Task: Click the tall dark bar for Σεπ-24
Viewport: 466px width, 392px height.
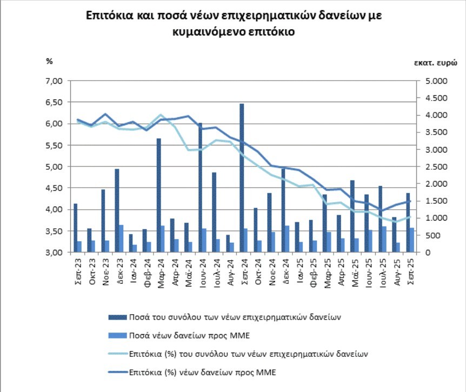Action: click(x=242, y=178)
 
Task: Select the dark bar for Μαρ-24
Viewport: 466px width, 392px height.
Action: click(x=158, y=195)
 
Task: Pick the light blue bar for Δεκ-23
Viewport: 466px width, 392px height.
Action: click(x=121, y=238)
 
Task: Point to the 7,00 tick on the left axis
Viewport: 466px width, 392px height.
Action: click(x=56, y=81)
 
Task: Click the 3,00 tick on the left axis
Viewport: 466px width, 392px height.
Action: click(x=56, y=253)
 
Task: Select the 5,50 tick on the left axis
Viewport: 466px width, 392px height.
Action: click(x=56, y=145)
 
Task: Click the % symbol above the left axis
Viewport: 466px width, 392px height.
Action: click(x=49, y=61)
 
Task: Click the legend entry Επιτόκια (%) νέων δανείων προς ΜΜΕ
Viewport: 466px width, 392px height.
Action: click(x=203, y=373)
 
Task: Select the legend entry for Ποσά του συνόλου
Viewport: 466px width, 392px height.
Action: click(x=236, y=317)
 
